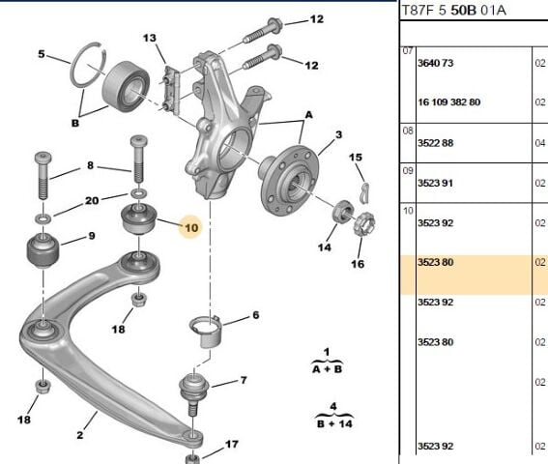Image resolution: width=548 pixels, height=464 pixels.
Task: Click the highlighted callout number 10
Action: pyautogui.click(x=191, y=228)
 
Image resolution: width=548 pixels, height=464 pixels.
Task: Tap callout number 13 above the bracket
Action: pyautogui.click(x=150, y=38)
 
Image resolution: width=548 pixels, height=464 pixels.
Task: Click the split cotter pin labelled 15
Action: pyautogui.click(x=365, y=192)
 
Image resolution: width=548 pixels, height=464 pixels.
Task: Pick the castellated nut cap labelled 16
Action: pyautogui.click(x=364, y=223)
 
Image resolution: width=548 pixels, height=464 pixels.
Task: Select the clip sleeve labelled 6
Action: pyautogui.click(x=206, y=332)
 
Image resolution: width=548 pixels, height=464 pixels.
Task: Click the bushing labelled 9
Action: pyautogui.click(x=43, y=251)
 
